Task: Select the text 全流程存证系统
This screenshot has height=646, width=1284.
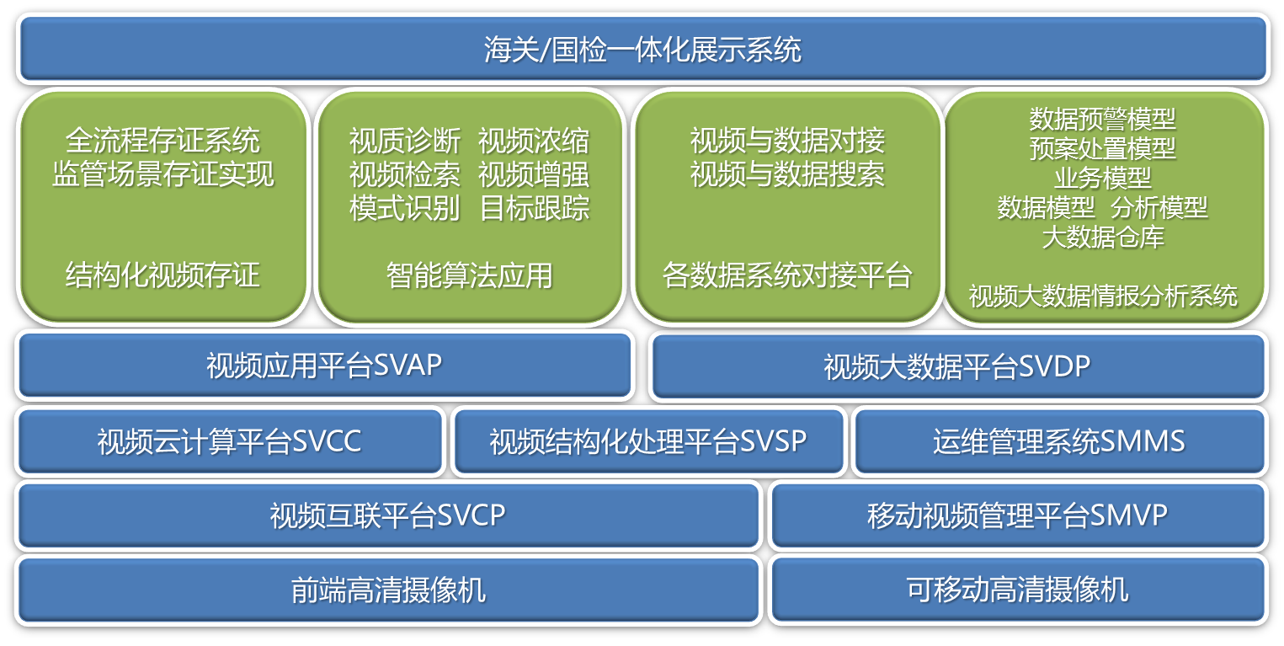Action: coord(162,141)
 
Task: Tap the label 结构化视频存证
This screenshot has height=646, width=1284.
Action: coord(162,275)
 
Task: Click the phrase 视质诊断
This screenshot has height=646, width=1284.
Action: coord(405,141)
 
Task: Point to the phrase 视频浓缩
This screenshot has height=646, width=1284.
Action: coord(534,141)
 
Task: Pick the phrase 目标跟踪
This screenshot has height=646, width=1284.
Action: coord(535,207)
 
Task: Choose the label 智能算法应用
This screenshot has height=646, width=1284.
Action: coord(470,275)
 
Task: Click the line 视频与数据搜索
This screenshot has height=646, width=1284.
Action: coord(787,174)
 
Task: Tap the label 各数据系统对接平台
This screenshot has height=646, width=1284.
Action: coord(787,275)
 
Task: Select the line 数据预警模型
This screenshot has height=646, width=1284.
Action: coord(1102,119)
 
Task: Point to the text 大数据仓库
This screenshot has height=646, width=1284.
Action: coord(1103,237)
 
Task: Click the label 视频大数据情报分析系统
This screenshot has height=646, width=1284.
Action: coord(1103,296)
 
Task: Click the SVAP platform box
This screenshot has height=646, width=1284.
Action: coord(325,366)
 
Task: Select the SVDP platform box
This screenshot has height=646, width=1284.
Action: coord(958,366)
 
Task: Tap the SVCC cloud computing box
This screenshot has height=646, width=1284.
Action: coord(230,441)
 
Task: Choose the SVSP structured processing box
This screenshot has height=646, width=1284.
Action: coord(648,441)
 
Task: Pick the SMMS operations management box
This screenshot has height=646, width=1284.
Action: coord(1059,441)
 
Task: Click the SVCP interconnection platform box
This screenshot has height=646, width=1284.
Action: coord(389,515)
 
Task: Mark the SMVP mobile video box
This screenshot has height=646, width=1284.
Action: coord(1018,515)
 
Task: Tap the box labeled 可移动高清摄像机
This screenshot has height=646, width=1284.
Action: coord(1018,590)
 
